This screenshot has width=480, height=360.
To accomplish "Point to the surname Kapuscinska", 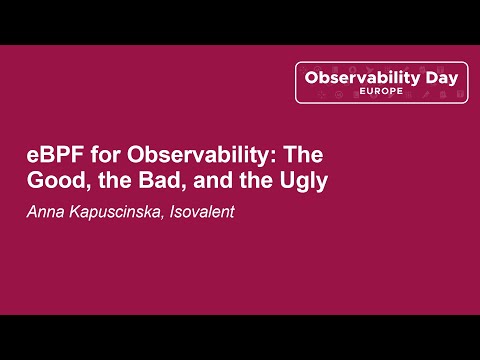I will pyautogui.click(x=114, y=212).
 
